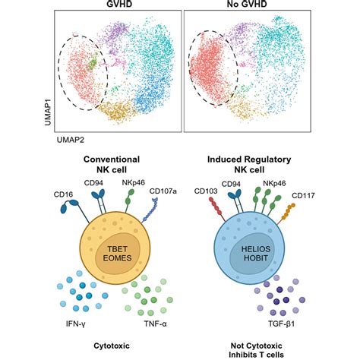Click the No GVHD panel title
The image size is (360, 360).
(249, 4)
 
